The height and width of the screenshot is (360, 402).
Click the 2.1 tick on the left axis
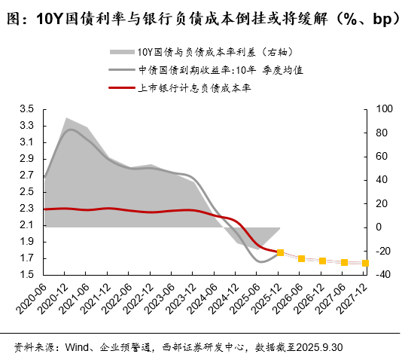pyautogui.click(x=26, y=225)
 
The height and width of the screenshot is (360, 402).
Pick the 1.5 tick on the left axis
pyautogui.click(x=26, y=275)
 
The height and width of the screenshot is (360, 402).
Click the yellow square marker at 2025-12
pyautogui.click(x=280, y=253)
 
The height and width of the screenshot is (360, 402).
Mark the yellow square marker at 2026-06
pyautogui.click(x=301, y=258)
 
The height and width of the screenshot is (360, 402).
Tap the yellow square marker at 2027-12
pyautogui.click(x=365, y=263)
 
